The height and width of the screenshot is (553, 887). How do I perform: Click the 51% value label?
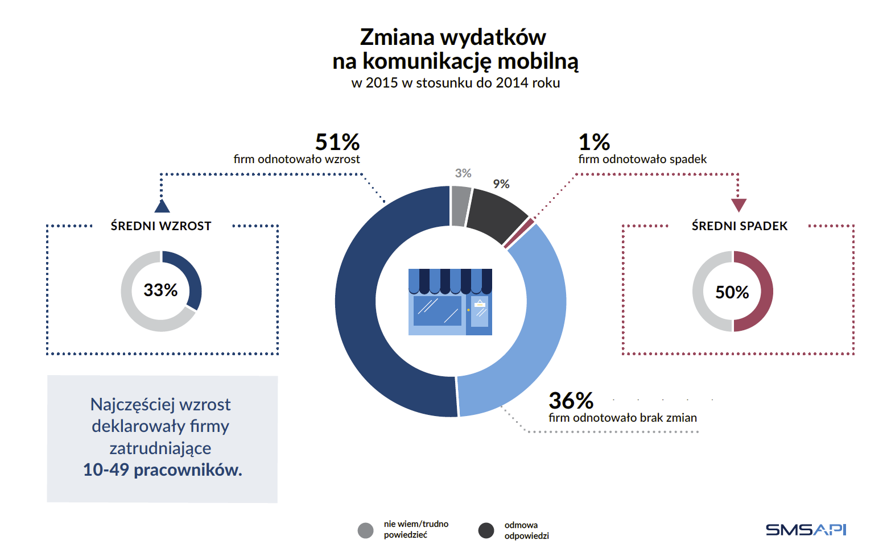point(337,142)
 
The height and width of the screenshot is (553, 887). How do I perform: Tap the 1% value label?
point(594,142)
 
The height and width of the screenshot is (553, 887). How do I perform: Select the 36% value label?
point(571,401)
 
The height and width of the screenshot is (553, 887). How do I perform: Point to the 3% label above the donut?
point(463,173)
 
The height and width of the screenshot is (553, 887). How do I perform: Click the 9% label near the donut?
point(501,184)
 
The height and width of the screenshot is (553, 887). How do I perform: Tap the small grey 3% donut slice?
point(460,206)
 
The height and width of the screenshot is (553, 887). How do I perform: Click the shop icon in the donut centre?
point(450,302)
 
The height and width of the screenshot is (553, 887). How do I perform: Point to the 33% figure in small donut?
point(160,290)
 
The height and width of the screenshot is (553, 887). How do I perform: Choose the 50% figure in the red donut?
point(732,292)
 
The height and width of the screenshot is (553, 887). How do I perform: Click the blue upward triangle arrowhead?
point(162,206)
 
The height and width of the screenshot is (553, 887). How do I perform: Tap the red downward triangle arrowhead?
point(739,205)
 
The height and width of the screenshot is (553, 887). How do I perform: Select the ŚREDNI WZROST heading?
point(161,226)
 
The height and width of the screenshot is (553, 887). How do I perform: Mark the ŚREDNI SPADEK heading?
point(740,226)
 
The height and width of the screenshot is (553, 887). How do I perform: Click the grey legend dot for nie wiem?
point(366,530)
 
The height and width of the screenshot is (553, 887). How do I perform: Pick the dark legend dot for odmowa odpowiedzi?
point(486,530)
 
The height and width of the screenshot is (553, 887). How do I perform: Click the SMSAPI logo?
point(806,530)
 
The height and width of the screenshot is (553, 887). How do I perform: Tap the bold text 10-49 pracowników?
point(163,470)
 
